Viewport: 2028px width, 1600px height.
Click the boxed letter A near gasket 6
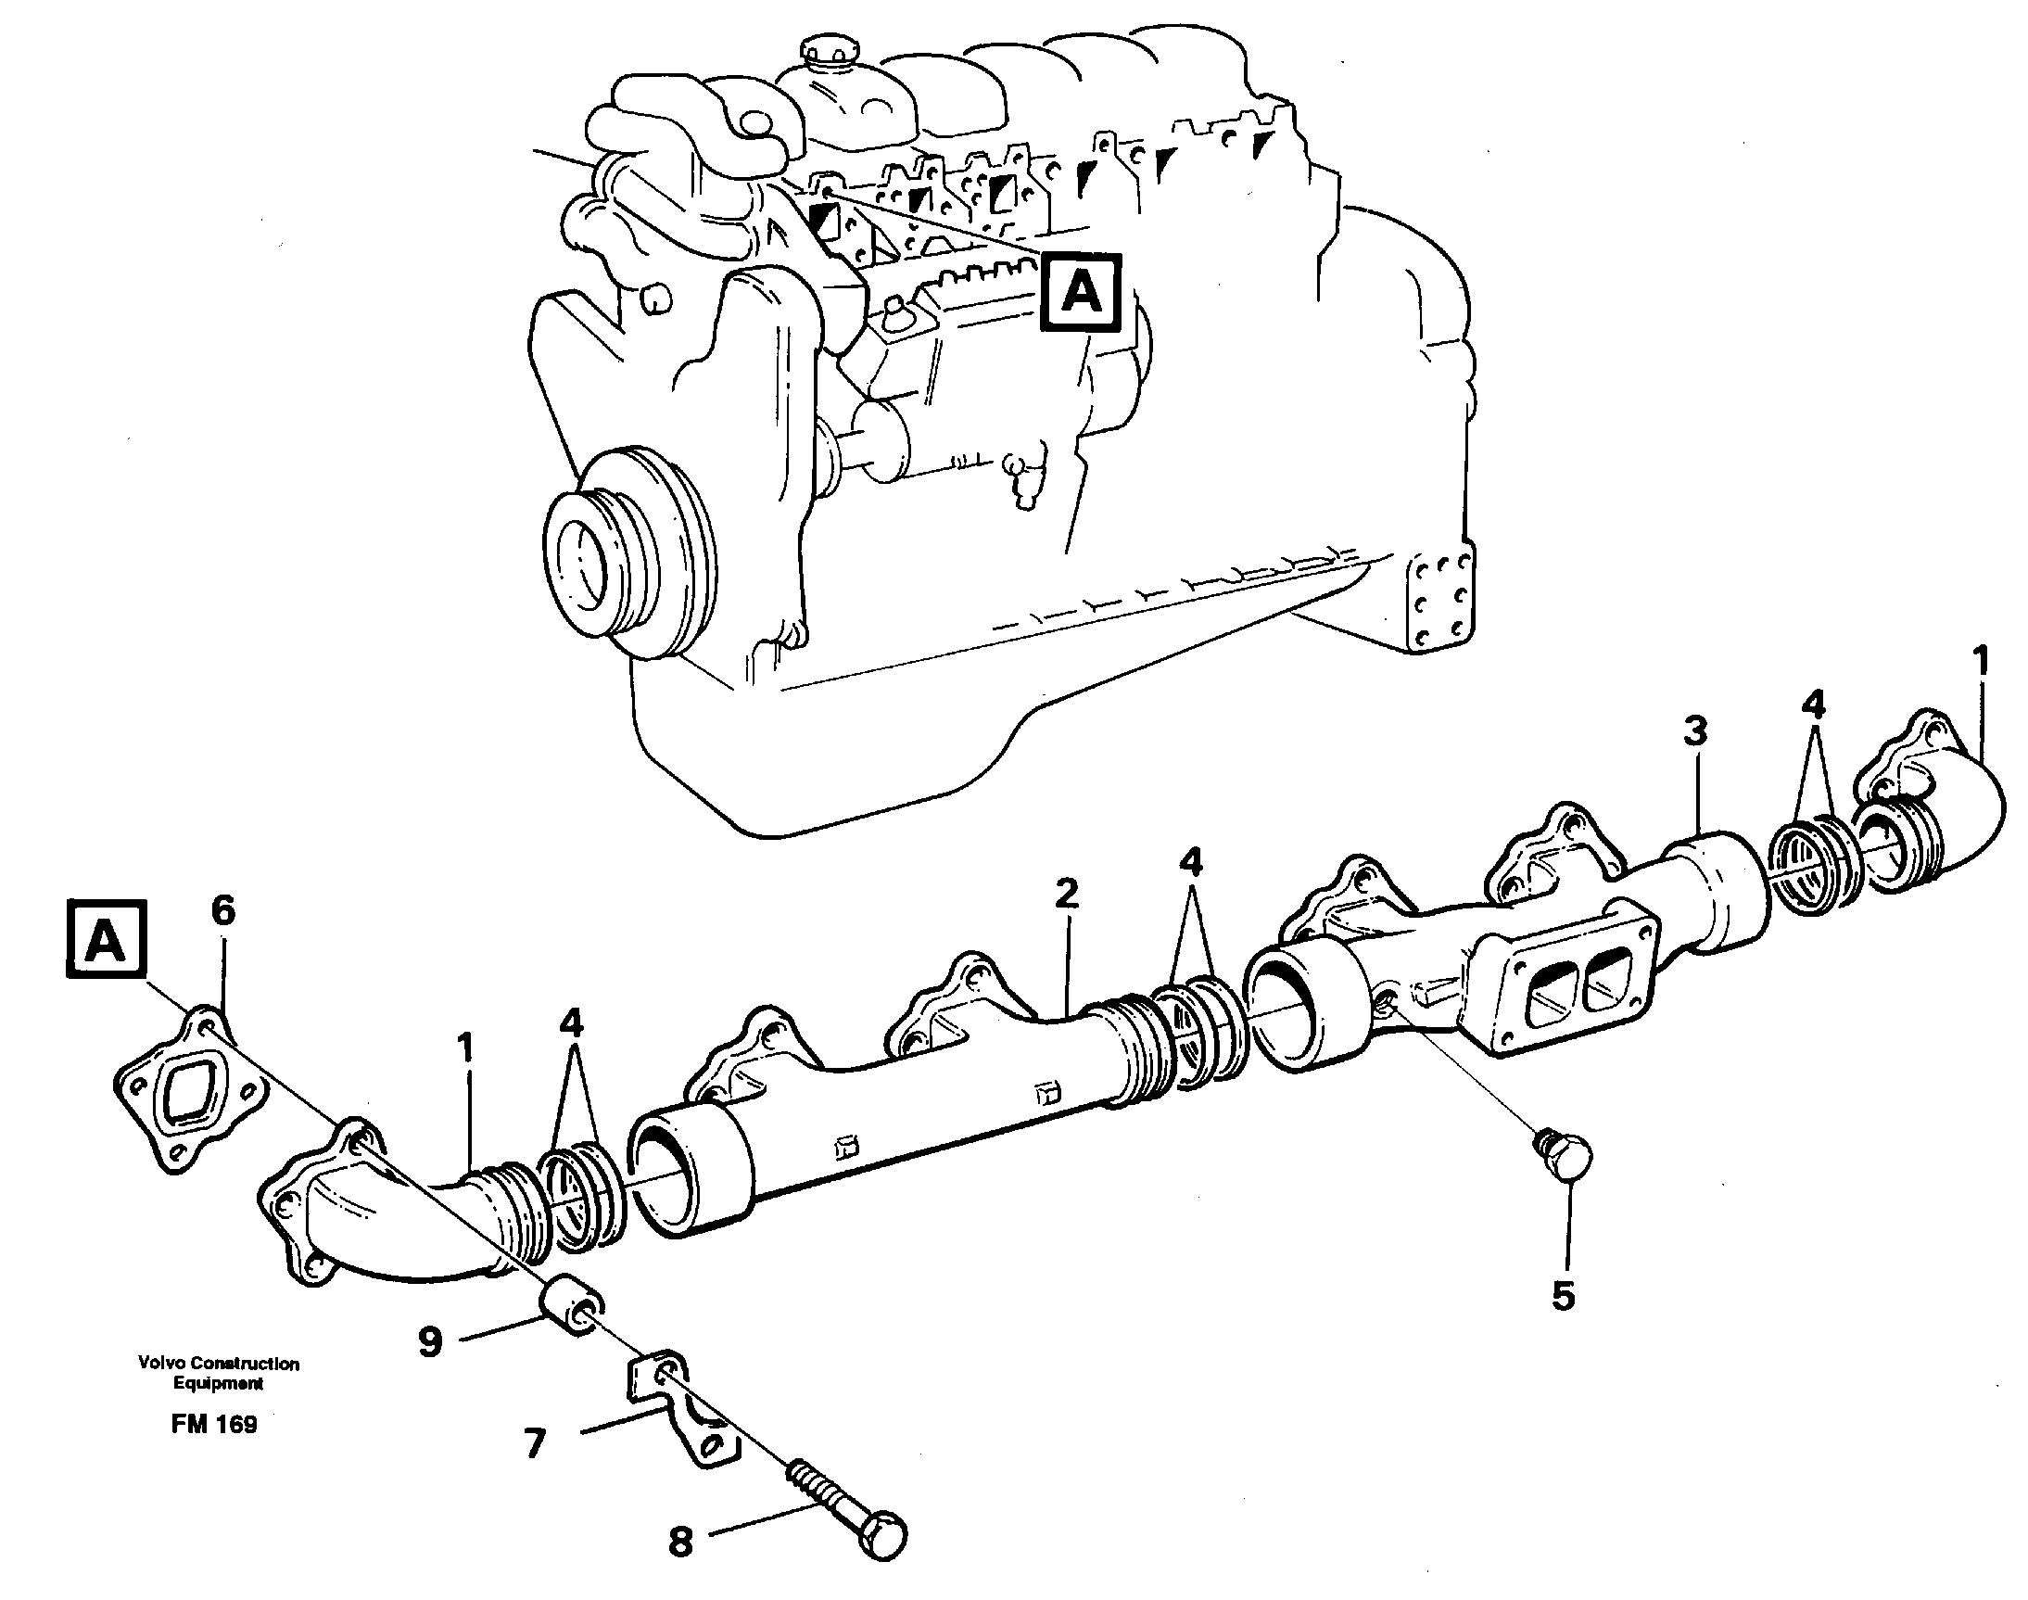click(106, 940)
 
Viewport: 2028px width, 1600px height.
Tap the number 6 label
click(223, 910)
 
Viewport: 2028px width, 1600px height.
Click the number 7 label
click(534, 1443)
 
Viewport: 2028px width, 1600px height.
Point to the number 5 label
click(1564, 1297)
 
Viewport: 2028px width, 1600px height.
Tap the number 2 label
click(1067, 895)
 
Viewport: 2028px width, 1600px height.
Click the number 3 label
click(1694, 731)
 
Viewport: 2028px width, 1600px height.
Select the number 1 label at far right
click(1980, 662)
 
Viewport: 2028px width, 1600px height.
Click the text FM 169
click(213, 1424)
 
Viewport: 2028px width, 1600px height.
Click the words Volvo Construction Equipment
click(218, 1373)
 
